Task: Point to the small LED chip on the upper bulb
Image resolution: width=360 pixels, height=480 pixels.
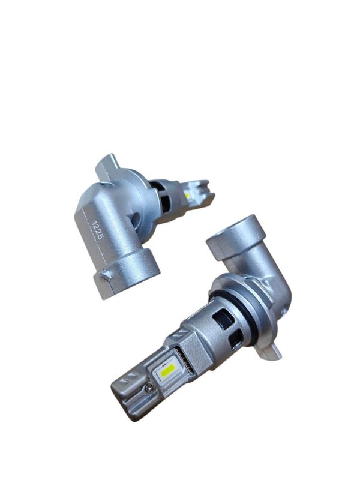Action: click(x=187, y=195)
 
